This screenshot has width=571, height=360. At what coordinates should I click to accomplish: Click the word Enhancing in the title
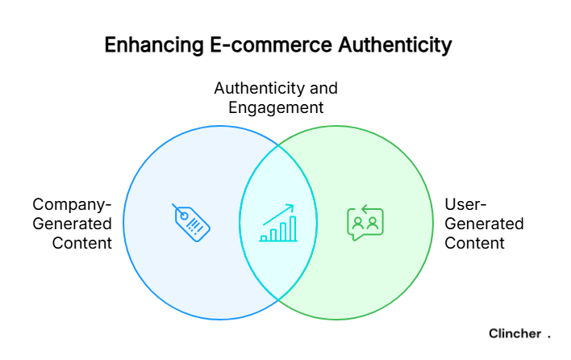pos(154,45)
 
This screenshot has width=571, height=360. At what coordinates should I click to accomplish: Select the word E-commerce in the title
pos(270,45)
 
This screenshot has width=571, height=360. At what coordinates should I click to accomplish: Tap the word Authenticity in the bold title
pos(394,45)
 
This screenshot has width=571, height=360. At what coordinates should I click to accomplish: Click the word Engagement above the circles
pos(276,108)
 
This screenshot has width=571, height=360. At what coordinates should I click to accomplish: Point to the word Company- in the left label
pos(72,205)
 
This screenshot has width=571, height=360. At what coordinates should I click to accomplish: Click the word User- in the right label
pos(465,204)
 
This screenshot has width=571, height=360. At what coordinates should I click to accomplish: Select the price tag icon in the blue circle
pos(191,222)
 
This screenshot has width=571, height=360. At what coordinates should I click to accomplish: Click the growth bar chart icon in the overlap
pos(278,223)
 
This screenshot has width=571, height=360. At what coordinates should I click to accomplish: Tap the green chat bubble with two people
pos(365,222)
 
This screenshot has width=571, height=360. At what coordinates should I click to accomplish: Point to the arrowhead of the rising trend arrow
pos(290,207)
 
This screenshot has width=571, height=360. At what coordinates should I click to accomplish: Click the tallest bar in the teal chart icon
pos(293,228)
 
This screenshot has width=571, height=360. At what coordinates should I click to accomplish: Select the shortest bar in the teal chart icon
pos(264,238)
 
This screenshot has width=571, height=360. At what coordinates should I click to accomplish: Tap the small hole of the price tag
pos(184,216)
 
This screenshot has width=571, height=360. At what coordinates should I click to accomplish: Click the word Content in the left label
pos(82,243)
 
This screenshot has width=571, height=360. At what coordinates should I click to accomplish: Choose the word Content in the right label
pos(474,243)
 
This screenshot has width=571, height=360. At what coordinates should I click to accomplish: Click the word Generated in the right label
pos(484,224)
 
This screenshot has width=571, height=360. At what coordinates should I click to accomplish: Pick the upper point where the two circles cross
pos(278,145)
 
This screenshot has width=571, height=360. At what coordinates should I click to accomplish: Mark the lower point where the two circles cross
pos(278,300)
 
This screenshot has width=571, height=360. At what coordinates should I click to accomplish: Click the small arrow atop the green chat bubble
pos(367,209)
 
